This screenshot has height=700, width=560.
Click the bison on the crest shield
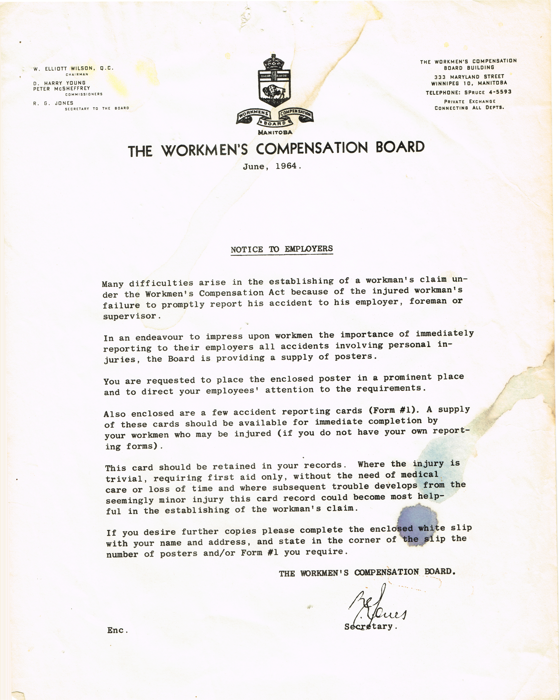pyautogui.click(x=274, y=92)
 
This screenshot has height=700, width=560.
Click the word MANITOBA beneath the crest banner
pyautogui.click(x=275, y=132)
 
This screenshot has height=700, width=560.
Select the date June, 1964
pyautogui.click(x=272, y=166)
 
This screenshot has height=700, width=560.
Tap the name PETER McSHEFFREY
pyautogui.click(x=61, y=88)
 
